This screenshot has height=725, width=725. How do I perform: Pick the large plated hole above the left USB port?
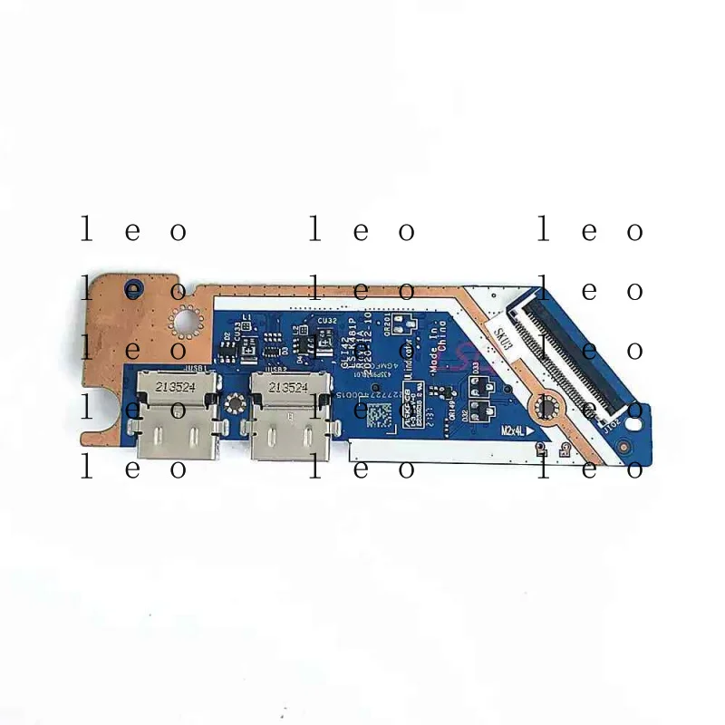click(186, 319)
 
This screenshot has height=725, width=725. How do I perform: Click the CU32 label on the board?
click(328, 320)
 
